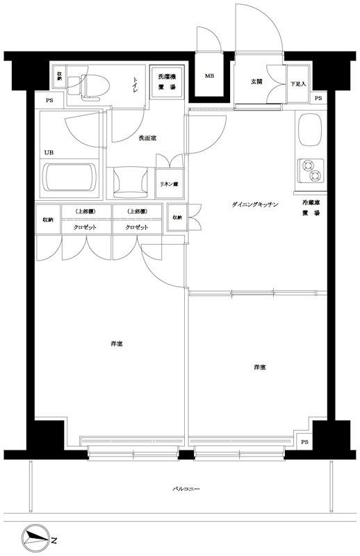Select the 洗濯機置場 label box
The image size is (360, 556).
(166, 81)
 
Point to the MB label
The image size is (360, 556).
(208, 76)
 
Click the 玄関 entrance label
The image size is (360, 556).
(257, 82)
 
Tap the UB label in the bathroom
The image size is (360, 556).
(49, 152)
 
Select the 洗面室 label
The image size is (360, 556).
(147, 138)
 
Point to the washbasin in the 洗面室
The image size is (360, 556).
(131, 182)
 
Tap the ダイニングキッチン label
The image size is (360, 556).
(255, 204)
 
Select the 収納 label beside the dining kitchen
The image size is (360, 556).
(177, 218)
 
